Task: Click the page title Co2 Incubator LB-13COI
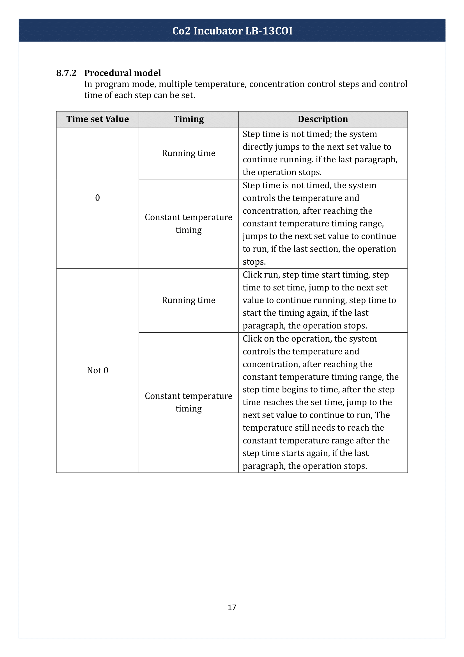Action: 232,31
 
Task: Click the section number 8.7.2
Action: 66,73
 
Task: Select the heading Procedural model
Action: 122,73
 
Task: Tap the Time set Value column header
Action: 97,119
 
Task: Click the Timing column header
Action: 189,119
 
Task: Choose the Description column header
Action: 323,119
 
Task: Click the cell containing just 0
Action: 97,198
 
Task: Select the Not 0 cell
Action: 97,370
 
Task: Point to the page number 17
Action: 232,607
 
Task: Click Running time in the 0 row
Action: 189,153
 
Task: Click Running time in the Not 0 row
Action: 189,300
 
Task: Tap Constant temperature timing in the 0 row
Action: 189,224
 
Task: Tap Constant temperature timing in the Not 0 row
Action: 189,402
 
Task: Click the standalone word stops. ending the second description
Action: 254,262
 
